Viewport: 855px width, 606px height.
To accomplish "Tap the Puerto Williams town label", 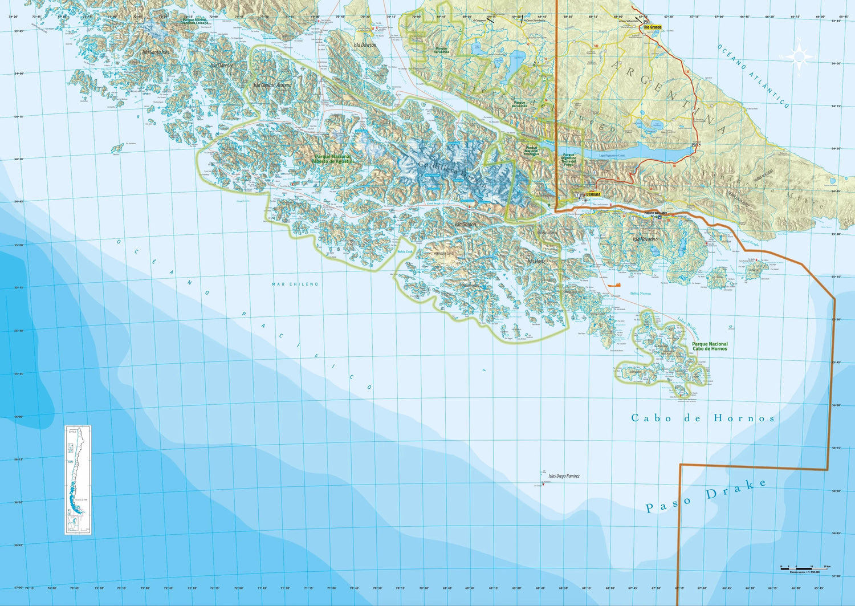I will (x=655, y=213).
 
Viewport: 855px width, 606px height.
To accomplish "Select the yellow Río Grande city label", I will (x=653, y=27).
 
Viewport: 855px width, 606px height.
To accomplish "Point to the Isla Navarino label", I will (x=645, y=239).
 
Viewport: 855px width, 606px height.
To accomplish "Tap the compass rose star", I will (x=799, y=56).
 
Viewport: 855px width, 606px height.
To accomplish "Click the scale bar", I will (x=804, y=568).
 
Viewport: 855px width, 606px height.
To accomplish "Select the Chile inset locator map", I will (x=78, y=480).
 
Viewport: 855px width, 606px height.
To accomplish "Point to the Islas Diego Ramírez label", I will (x=564, y=476).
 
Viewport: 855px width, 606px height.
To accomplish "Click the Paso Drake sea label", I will (x=706, y=495).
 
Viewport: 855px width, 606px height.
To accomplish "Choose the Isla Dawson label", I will (x=365, y=45).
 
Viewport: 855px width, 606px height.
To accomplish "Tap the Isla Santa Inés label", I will (x=156, y=52).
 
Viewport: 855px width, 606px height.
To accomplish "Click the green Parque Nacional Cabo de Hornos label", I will (x=710, y=346).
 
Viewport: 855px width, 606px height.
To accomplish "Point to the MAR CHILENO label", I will (x=295, y=284).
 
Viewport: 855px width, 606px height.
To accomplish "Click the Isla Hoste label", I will (x=536, y=261).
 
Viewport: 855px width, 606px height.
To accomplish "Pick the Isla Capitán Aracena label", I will (x=272, y=86).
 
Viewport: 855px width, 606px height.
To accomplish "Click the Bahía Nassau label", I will (x=640, y=294).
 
